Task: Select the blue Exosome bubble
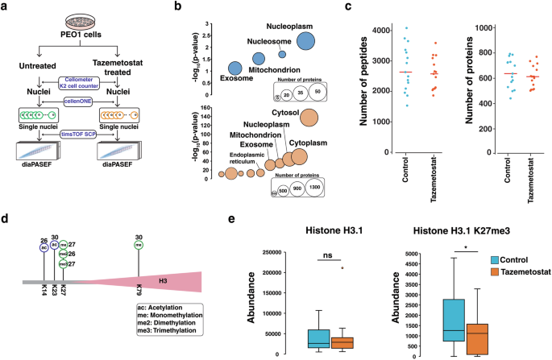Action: tap(234, 68)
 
